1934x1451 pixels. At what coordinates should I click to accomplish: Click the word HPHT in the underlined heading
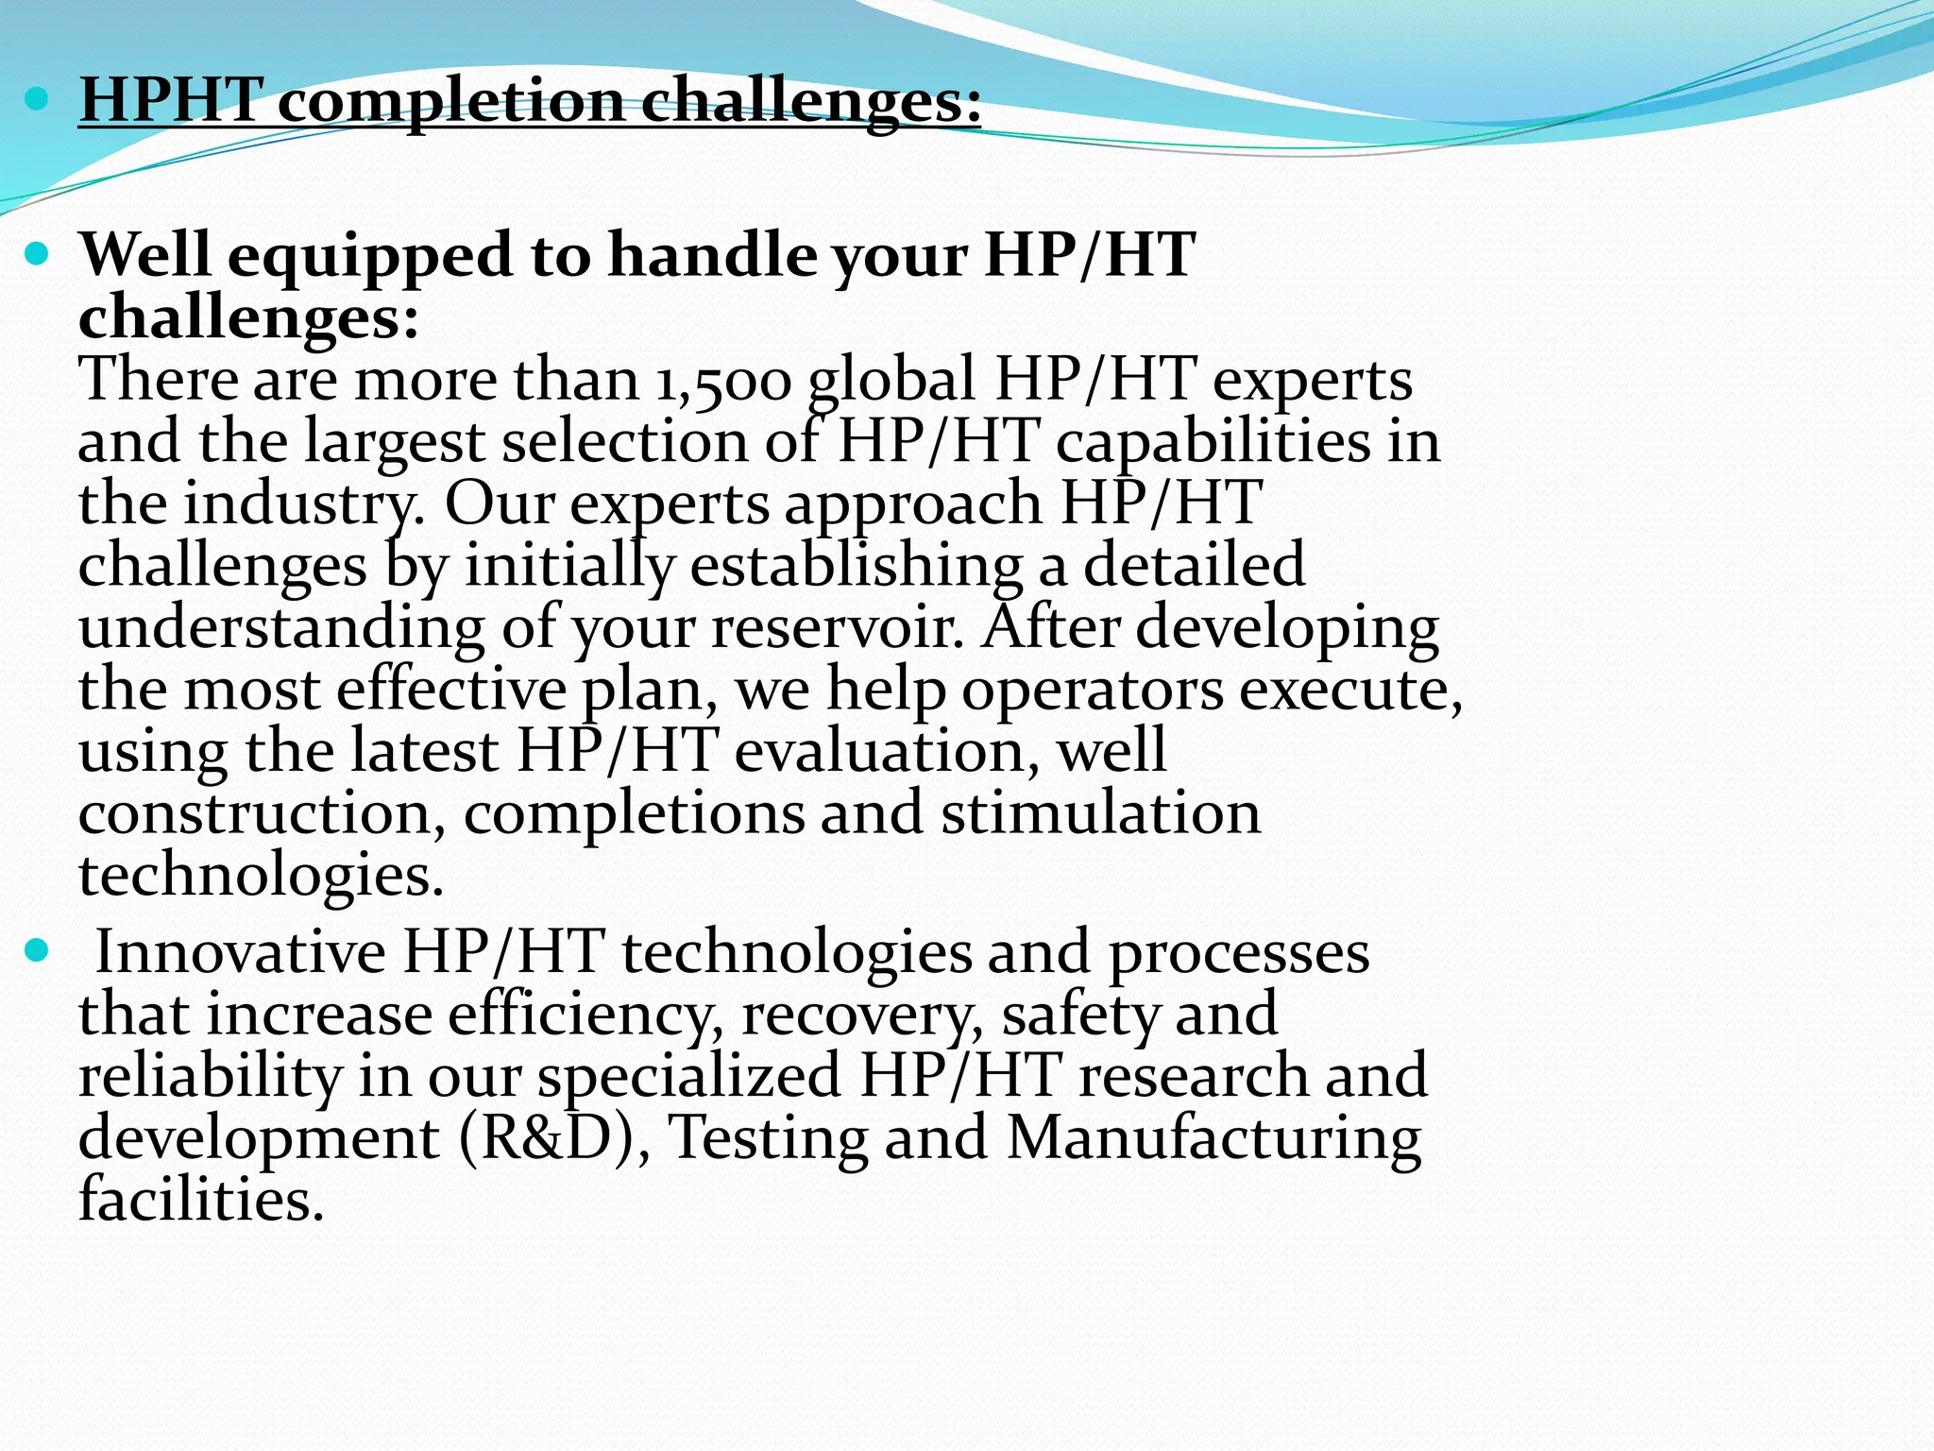[171, 99]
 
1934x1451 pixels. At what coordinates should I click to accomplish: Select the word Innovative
[241, 951]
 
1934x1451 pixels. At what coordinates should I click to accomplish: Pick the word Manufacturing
[1213, 1137]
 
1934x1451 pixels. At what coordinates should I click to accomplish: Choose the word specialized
[689, 1076]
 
